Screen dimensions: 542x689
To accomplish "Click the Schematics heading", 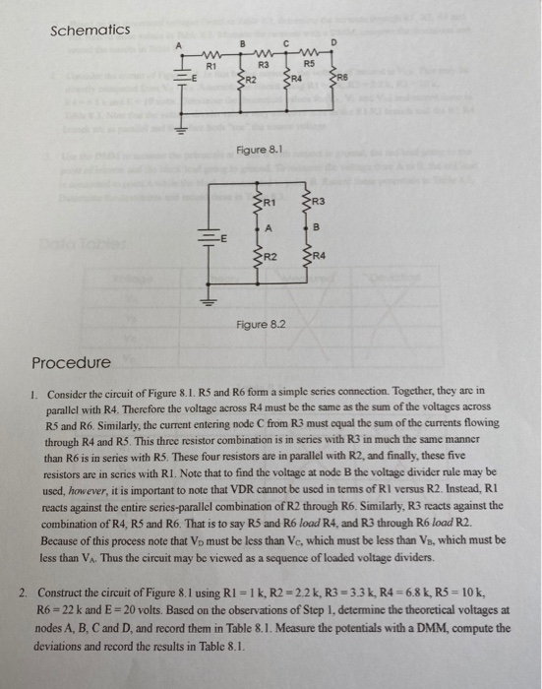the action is coord(90,31).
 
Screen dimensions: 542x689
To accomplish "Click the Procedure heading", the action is coord(72,362).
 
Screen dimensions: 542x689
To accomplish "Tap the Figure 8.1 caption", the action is coord(259,150).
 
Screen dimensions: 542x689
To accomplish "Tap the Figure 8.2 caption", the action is coord(260,324).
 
